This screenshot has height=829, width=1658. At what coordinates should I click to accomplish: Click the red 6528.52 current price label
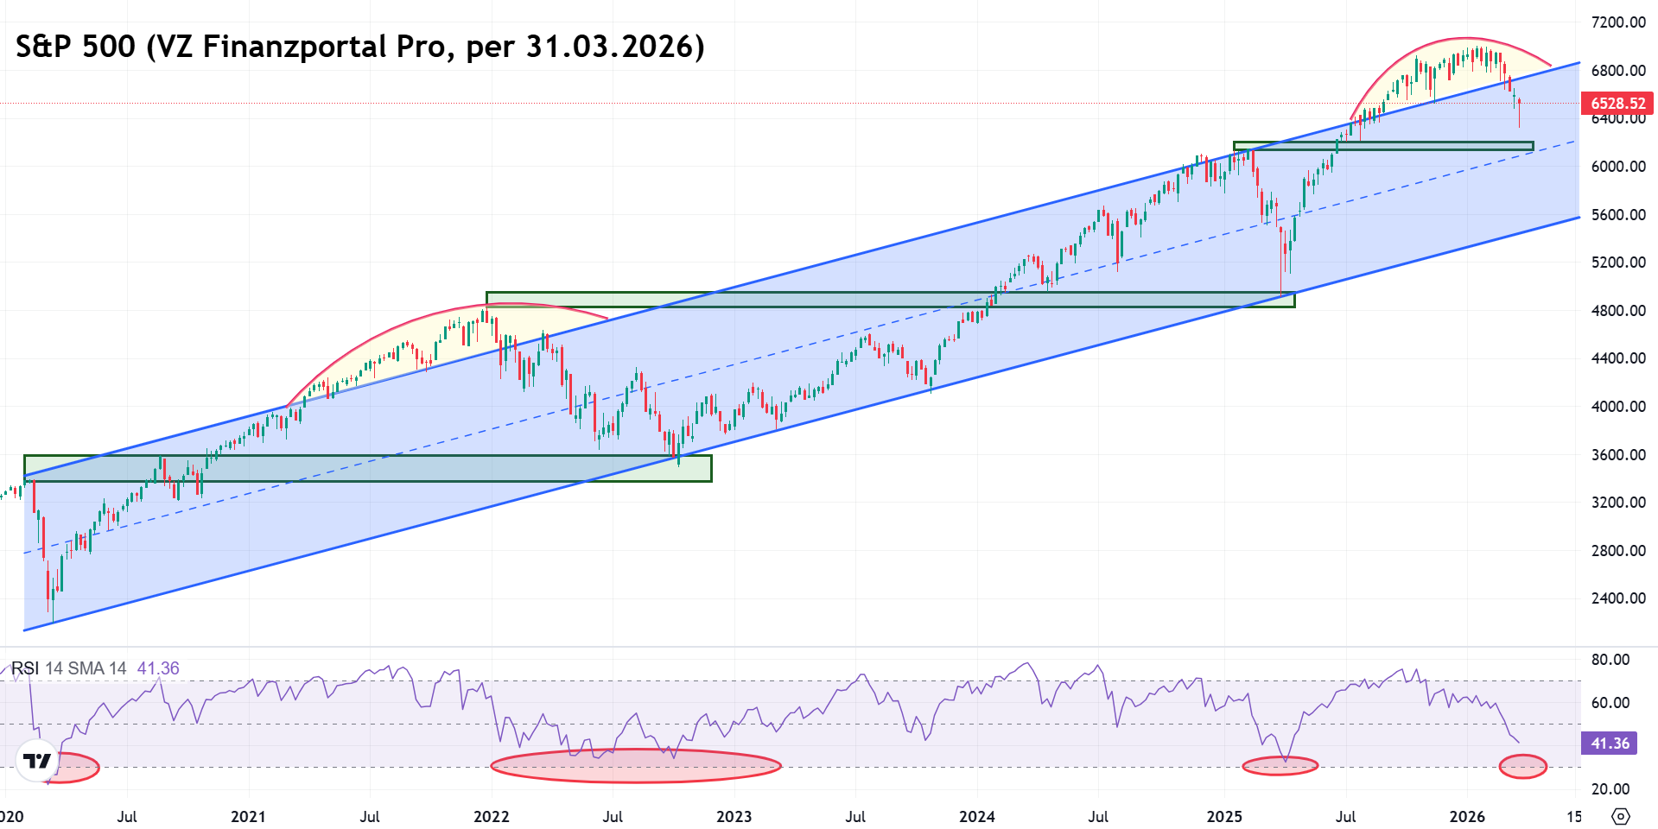1617,104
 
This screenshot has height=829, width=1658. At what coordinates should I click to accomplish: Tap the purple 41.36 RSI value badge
1610,744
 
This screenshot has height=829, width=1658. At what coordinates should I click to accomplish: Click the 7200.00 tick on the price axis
1617,22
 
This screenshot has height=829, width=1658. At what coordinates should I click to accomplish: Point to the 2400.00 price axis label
1617,598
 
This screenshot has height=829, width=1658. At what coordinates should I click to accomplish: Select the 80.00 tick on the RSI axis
1610,660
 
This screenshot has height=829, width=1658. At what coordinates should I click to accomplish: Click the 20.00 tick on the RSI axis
1610,788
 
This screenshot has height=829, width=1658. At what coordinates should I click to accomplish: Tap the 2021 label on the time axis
248,816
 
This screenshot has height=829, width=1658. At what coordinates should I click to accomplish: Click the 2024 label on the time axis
976,816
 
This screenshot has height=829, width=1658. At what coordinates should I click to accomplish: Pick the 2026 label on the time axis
1467,816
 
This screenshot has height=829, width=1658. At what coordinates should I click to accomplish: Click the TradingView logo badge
37,761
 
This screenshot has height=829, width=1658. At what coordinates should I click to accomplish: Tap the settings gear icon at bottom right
1621,816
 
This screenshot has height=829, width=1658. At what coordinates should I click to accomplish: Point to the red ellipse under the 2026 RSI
1522,766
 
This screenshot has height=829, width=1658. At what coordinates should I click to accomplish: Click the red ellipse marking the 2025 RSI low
1280,765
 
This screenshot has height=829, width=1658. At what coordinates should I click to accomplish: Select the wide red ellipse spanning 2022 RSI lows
635,765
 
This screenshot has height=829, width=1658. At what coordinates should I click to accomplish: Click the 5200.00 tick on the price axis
1617,262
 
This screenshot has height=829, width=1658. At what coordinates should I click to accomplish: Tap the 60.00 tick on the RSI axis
1610,703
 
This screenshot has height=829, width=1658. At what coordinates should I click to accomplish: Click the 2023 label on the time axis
734,816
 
